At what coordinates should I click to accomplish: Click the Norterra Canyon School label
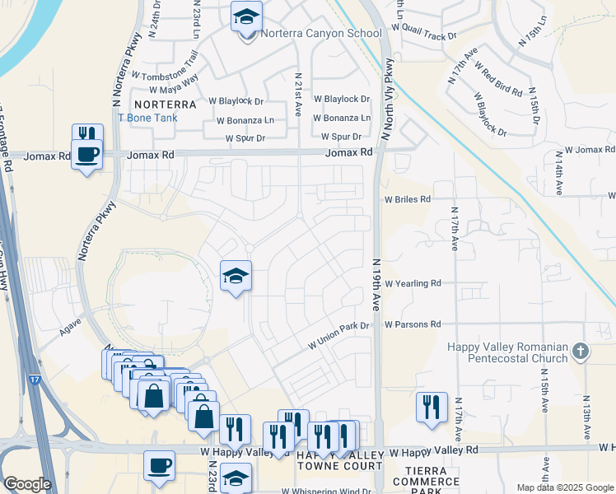tap(320, 34)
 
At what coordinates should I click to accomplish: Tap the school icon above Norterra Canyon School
tap(245, 17)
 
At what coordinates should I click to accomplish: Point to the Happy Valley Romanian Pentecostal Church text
tap(507, 352)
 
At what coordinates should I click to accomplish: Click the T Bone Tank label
tap(147, 118)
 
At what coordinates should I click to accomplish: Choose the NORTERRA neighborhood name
tap(165, 105)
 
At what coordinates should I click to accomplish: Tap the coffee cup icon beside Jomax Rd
tap(86, 153)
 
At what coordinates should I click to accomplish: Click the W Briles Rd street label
tap(407, 199)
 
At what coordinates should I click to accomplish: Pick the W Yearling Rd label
tap(413, 283)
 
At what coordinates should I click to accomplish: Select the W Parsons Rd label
tap(412, 324)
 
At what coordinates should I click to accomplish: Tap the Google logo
tap(26, 484)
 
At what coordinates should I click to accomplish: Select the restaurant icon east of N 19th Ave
tap(432, 407)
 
